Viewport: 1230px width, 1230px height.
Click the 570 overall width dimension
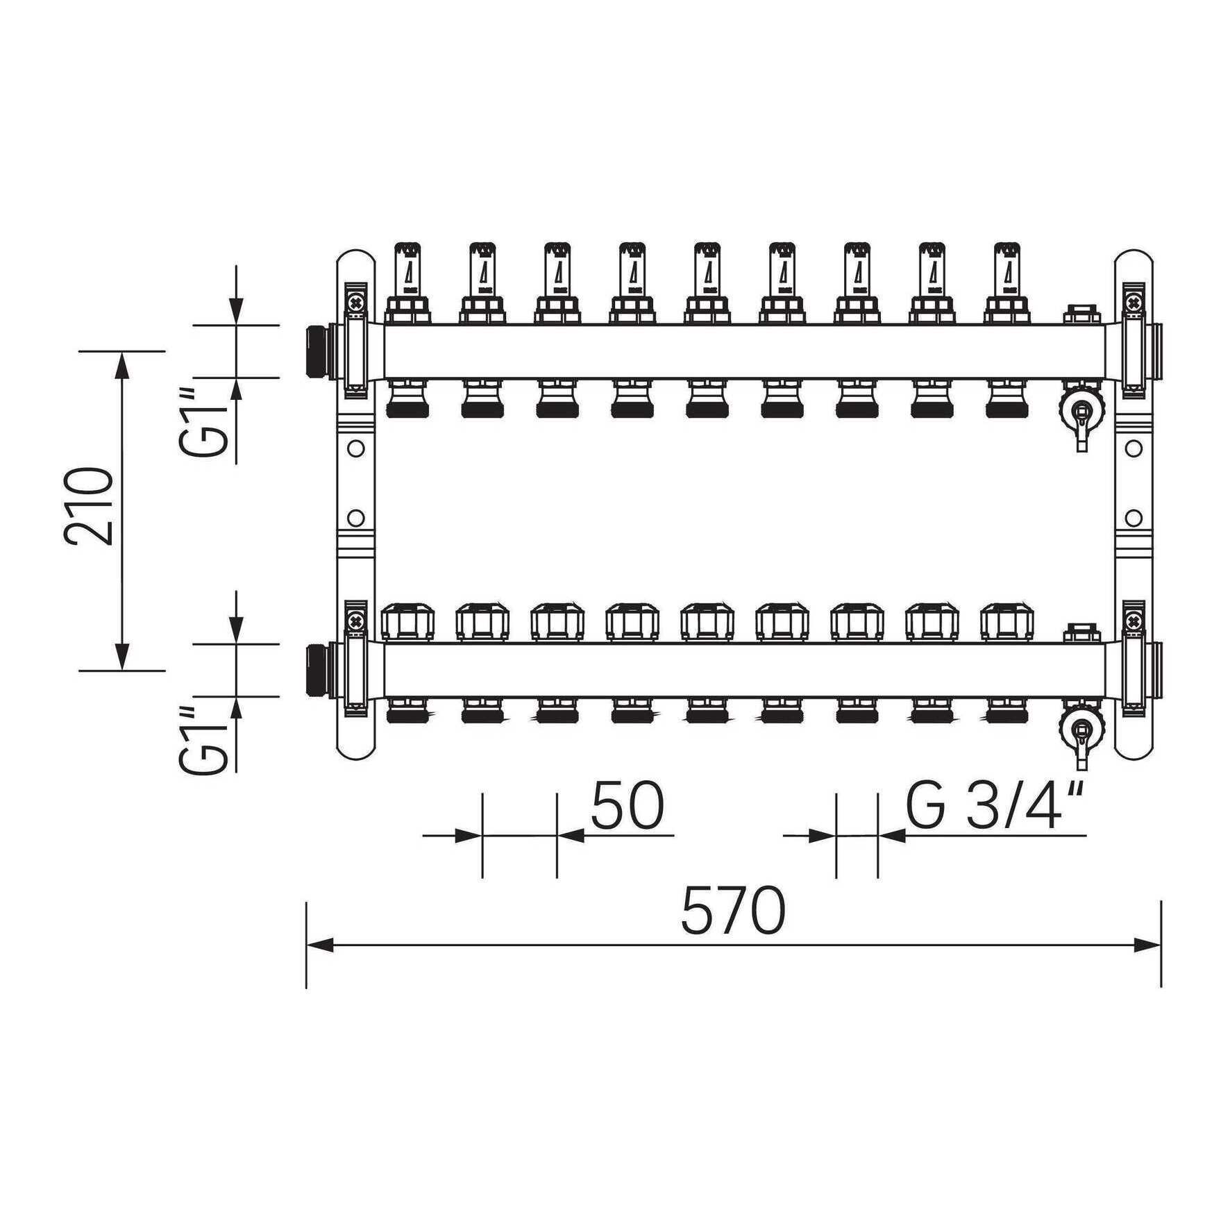pyautogui.click(x=733, y=910)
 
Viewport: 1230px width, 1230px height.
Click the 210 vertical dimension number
pyautogui.click(x=89, y=507)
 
